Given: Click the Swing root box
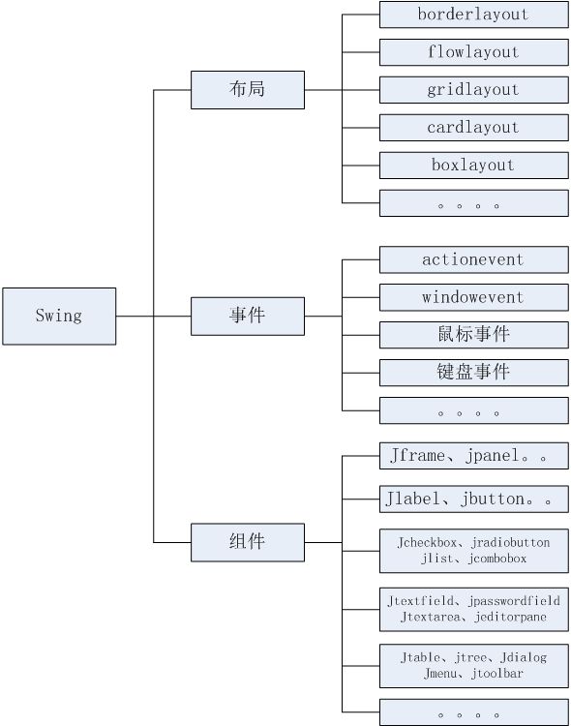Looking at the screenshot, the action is click(x=59, y=317).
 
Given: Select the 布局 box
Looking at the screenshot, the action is click(x=248, y=90).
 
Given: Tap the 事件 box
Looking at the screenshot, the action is click(x=248, y=317).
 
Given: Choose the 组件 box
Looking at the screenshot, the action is click(x=248, y=542).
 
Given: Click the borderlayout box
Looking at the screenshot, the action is click(x=474, y=15).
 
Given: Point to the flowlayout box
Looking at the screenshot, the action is click(x=474, y=52).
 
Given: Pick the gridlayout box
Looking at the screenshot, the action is click(x=474, y=90).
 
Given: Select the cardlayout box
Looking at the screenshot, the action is click(x=474, y=128).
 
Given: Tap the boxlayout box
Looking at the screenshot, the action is click(x=474, y=166).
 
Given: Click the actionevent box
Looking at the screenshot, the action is click(x=474, y=259).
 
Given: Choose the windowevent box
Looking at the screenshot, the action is click(x=474, y=297).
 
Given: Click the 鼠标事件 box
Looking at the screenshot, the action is click(x=474, y=335).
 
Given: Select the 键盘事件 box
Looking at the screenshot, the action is click(x=474, y=373).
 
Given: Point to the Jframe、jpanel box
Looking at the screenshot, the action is click(x=474, y=456).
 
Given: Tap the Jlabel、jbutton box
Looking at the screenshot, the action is click(x=474, y=499).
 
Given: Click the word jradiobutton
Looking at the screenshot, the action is click(x=511, y=543).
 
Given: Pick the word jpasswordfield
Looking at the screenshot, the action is click(x=514, y=601).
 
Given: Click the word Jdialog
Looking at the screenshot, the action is click(x=524, y=657).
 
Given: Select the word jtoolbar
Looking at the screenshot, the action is click(x=497, y=673).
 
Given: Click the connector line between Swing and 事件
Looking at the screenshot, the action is click(x=153, y=317).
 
